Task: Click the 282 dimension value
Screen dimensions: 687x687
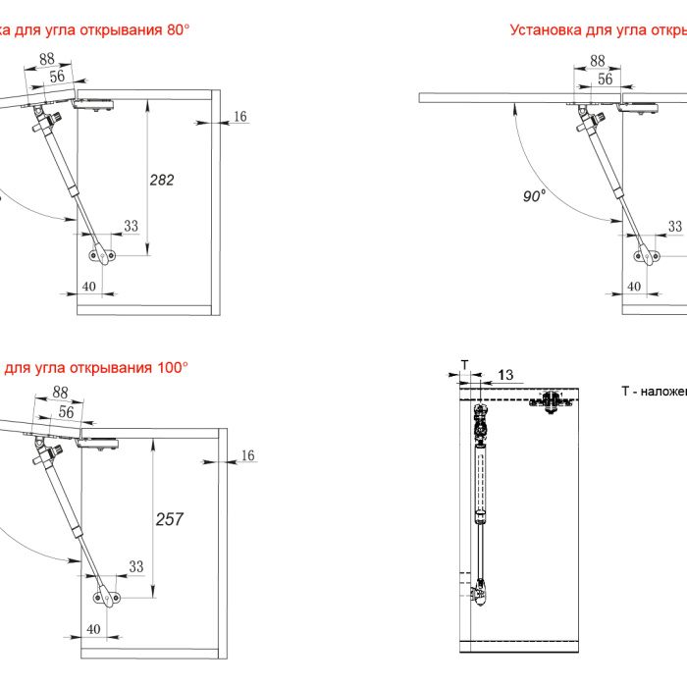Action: click(x=162, y=180)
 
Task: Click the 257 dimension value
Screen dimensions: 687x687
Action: click(x=169, y=519)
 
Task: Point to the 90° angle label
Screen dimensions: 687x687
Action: click(x=533, y=196)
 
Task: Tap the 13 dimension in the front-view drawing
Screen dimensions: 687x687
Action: click(x=504, y=374)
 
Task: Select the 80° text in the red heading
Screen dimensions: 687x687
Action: click(x=178, y=30)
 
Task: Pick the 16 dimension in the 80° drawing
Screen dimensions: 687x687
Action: click(x=240, y=117)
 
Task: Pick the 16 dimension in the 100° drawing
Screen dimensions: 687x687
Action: click(x=247, y=455)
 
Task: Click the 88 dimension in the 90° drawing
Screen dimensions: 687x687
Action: click(x=598, y=61)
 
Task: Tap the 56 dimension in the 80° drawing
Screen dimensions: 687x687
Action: click(x=57, y=77)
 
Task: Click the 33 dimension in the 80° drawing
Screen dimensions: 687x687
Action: click(x=131, y=227)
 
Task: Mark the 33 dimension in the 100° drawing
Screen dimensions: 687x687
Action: click(x=135, y=566)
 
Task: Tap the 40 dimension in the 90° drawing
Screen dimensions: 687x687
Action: click(x=634, y=286)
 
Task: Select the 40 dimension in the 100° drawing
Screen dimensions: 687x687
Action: click(x=94, y=628)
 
